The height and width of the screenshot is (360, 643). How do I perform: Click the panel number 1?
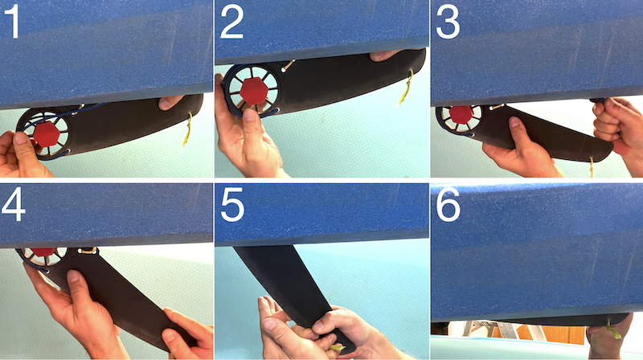click(13, 23)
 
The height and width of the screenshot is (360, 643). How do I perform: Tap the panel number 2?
click(231, 23)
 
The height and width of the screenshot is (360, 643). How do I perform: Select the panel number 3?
click(448, 23)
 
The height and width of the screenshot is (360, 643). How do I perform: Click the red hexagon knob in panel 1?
click(47, 134)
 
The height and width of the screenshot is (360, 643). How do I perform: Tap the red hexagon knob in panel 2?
click(254, 90)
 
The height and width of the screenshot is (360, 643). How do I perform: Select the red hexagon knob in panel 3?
click(461, 114)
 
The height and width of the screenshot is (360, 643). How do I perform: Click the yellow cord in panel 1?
click(187, 129)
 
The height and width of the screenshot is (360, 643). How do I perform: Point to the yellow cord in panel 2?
click(406, 87)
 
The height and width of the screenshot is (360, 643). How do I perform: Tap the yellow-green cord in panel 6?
click(613, 329)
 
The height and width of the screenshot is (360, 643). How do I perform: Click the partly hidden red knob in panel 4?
click(43, 252)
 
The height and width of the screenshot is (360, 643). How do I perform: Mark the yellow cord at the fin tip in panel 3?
click(592, 166)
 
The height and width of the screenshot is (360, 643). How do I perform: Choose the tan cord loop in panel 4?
click(88, 250)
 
